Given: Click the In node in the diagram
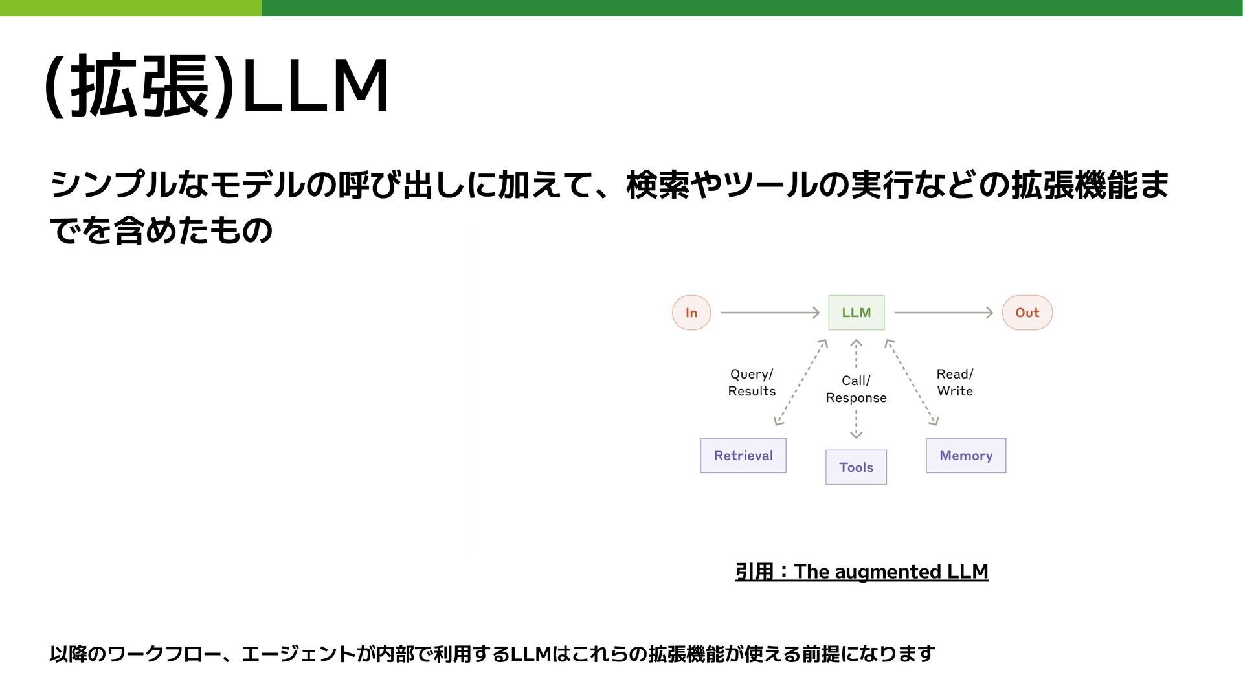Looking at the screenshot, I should point(691,313).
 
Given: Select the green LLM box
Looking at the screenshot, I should point(856,313).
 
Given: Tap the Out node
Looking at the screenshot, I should point(1027,313).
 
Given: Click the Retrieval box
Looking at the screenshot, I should point(743,456).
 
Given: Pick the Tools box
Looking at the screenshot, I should point(856,467).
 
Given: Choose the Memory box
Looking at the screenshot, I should point(966,456).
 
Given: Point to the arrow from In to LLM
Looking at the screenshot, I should point(770,313).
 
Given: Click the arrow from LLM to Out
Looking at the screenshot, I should point(943,313).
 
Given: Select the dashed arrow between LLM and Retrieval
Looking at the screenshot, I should point(801,383).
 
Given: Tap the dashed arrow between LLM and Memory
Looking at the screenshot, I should point(912,383).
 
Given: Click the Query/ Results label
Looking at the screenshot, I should point(752,383).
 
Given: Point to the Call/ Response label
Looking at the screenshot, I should point(856,389).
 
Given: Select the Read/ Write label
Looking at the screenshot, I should point(955,383).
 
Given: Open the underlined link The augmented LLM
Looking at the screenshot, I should point(891,572).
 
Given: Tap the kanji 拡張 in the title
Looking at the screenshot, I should point(140,86).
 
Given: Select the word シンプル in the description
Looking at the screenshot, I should point(114,185).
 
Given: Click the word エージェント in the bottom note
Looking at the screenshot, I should point(298,654).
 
